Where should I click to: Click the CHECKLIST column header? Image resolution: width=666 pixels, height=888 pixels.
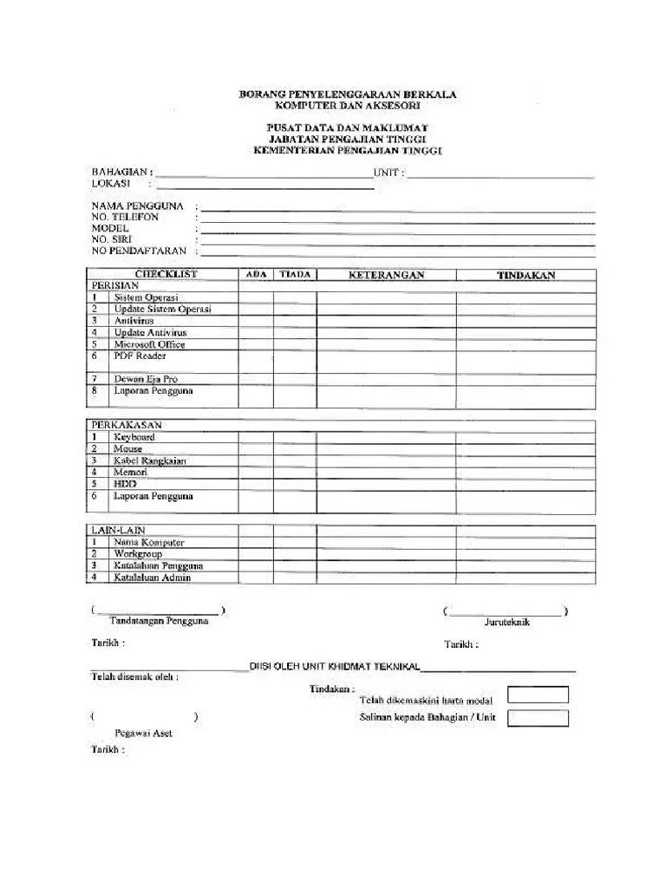[166, 274]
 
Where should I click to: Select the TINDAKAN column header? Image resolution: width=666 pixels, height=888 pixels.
[526, 275]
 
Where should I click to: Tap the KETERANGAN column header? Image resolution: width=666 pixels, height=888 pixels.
[386, 275]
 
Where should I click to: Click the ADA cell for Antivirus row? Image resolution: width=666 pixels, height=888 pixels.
[257, 321]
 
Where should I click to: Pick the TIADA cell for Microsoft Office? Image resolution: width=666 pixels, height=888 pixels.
[295, 344]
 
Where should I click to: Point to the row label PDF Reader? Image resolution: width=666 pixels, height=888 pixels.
[140, 356]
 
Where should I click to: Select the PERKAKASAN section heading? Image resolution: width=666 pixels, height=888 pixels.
[127, 426]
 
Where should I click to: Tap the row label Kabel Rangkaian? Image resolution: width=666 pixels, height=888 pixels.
[149, 461]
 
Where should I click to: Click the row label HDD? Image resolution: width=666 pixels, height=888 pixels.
[125, 485]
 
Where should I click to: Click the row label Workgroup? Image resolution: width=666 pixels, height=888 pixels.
[138, 553]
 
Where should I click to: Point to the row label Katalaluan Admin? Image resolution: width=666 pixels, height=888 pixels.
[152, 578]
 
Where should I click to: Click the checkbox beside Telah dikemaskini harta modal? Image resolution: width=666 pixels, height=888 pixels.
[538, 695]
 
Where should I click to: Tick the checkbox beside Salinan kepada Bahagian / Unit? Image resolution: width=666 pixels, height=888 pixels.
[538, 718]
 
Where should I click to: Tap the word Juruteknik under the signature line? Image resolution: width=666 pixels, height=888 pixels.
[507, 622]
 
